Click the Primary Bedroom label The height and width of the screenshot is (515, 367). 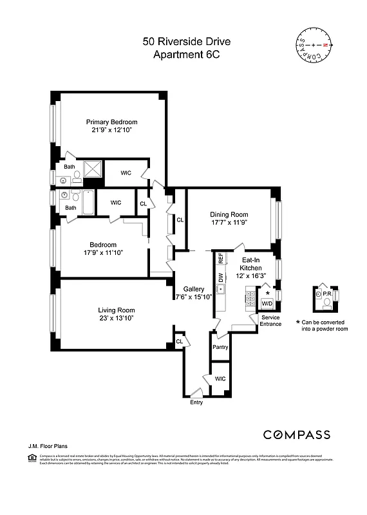pos(112,122)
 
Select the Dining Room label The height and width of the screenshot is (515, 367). pos(229,214)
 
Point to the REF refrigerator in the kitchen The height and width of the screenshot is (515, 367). pos(220,259)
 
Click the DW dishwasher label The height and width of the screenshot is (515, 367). pos(220,278)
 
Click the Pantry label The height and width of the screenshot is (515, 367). pos(220,347)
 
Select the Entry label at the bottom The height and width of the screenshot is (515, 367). pos(196,402)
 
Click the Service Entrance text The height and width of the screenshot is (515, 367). pos(270,321)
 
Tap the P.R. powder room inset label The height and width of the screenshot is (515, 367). pos(326,293)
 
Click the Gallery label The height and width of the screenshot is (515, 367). pos(193,289)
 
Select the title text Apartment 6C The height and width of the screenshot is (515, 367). pos(186,55)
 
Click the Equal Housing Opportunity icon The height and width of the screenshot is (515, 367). pos(32,458)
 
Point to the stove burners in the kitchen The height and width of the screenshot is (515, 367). pos(250,298)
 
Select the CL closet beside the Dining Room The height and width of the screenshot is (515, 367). pos(180,220)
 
